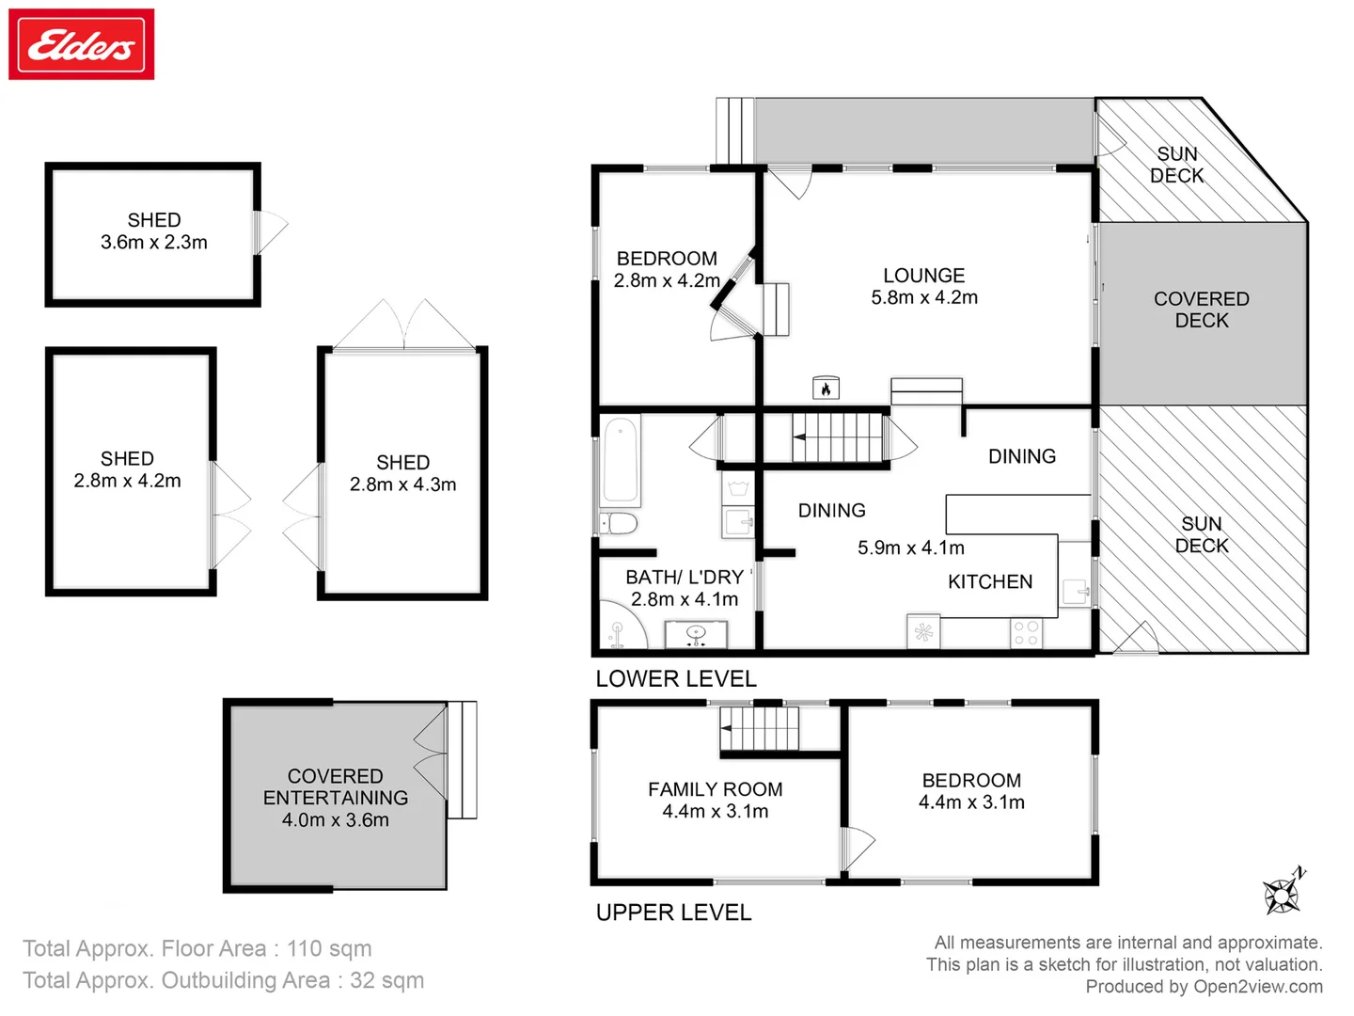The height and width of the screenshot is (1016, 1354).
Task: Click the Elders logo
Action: pos(82,44)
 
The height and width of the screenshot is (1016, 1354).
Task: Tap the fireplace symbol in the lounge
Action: pos(826,388)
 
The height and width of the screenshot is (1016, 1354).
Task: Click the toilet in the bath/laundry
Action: pos(620,523)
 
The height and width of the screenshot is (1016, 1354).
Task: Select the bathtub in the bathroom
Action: pos(621,461)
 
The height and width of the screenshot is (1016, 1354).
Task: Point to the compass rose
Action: pos(1283,892)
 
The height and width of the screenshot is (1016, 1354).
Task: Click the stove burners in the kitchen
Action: pos(1026,633)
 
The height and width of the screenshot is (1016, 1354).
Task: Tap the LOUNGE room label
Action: pos(923,276)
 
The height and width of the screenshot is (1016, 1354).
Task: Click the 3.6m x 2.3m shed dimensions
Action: pos(154,243)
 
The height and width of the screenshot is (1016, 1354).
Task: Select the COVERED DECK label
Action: pos(1202,310)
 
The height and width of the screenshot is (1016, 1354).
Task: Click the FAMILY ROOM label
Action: pos(715,789)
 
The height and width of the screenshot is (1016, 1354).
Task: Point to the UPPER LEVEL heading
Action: pos(673,913)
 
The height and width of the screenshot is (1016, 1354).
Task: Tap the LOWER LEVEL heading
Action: pos(676,679)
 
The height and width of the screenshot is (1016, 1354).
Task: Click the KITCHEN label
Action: pos(990,582)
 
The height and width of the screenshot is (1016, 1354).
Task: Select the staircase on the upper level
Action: pos(760,729)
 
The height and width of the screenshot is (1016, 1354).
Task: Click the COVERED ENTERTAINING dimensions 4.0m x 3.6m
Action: pos(336,820)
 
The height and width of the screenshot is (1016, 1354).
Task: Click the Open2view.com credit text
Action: pos(1257,987)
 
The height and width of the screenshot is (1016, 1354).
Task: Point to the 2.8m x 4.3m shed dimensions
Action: pos(402,484)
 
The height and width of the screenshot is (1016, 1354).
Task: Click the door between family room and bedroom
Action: pos(856,847)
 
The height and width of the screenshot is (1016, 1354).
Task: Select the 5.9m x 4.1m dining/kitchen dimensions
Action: pos(910,548)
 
